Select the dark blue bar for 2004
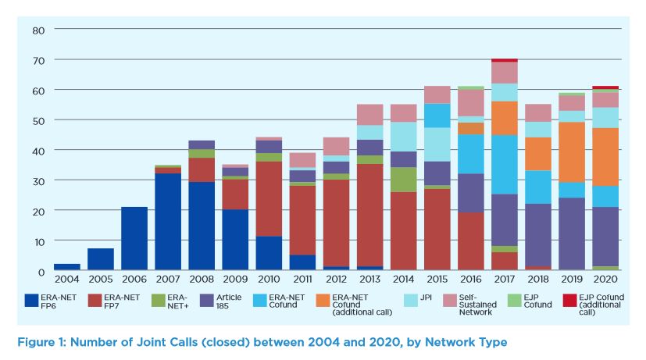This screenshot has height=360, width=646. (x=66, y=267)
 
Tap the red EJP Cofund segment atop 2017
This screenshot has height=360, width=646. (x=504, y=60)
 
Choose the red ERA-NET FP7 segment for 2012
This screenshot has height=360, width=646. (x=336, y=223)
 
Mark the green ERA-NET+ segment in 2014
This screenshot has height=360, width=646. (x=404, y=180)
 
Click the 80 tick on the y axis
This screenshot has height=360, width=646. (x=39, y=30)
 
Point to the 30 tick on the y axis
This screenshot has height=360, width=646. (x=39, y=180)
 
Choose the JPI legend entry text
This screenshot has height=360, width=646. (x=427, y=298)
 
